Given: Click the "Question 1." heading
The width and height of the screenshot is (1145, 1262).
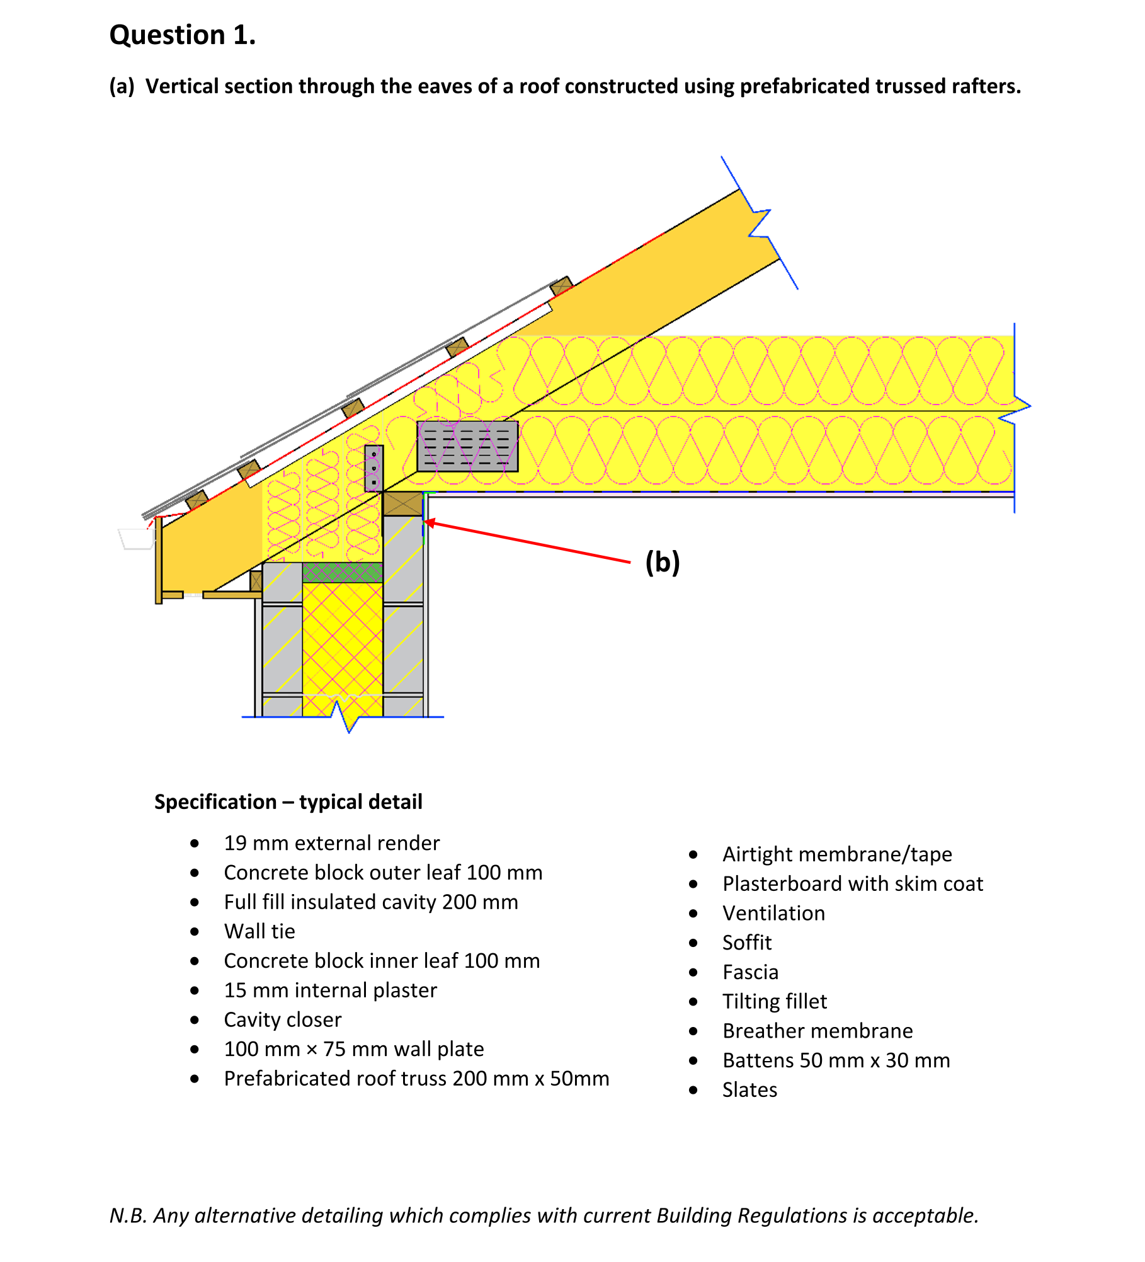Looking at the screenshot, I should pos(183,35).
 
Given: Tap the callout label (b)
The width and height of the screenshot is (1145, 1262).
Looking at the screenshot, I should pos(662,561).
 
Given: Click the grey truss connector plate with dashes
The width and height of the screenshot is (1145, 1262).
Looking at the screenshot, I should pos(467,446).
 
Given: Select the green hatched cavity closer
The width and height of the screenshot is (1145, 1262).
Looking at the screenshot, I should pos(343,572).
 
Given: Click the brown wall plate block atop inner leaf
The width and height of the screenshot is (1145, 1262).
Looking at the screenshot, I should pos(402,503).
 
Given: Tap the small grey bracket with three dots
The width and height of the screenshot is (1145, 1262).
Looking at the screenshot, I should pos(373,468).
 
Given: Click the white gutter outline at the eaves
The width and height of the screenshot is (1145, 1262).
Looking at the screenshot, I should pos(136,539).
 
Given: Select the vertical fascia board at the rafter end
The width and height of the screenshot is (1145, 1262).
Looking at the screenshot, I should pos(159,561).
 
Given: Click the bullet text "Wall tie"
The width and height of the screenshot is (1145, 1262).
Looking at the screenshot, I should pos(259,931).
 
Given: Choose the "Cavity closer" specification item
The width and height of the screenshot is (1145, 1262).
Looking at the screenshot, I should pos(283,1019).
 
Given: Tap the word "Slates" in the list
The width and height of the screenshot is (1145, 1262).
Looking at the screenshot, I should pos(749,1089).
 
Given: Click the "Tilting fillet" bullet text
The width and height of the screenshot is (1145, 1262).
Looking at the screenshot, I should pos(775,1001).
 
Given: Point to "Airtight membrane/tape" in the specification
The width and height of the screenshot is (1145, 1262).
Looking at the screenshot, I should pos(837,854).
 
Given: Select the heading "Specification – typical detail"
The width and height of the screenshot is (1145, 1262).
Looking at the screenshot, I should pos(288,801).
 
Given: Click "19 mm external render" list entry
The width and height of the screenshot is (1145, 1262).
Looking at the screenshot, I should pos(332,843).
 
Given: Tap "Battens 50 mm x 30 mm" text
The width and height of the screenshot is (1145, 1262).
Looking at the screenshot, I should pos(836,1060).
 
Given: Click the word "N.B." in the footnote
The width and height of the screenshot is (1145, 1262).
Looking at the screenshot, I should pos(128,1215).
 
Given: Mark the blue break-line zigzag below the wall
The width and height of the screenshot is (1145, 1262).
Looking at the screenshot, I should pos(348,718).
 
